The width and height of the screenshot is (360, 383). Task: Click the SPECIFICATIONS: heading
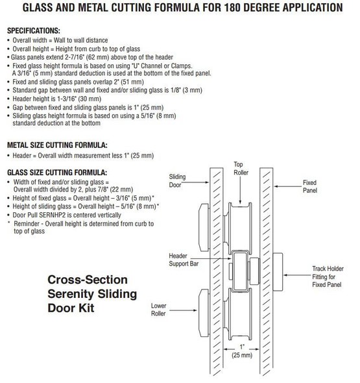click(x=33, y=31)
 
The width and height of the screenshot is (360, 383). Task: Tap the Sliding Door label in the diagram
click(x=177, y=180)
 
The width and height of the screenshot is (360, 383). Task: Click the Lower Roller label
click(x=159, y=308)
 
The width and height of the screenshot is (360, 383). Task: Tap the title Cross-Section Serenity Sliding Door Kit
click(x=91, y=293)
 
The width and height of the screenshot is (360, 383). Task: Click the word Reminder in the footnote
click(x=27, y=223)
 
